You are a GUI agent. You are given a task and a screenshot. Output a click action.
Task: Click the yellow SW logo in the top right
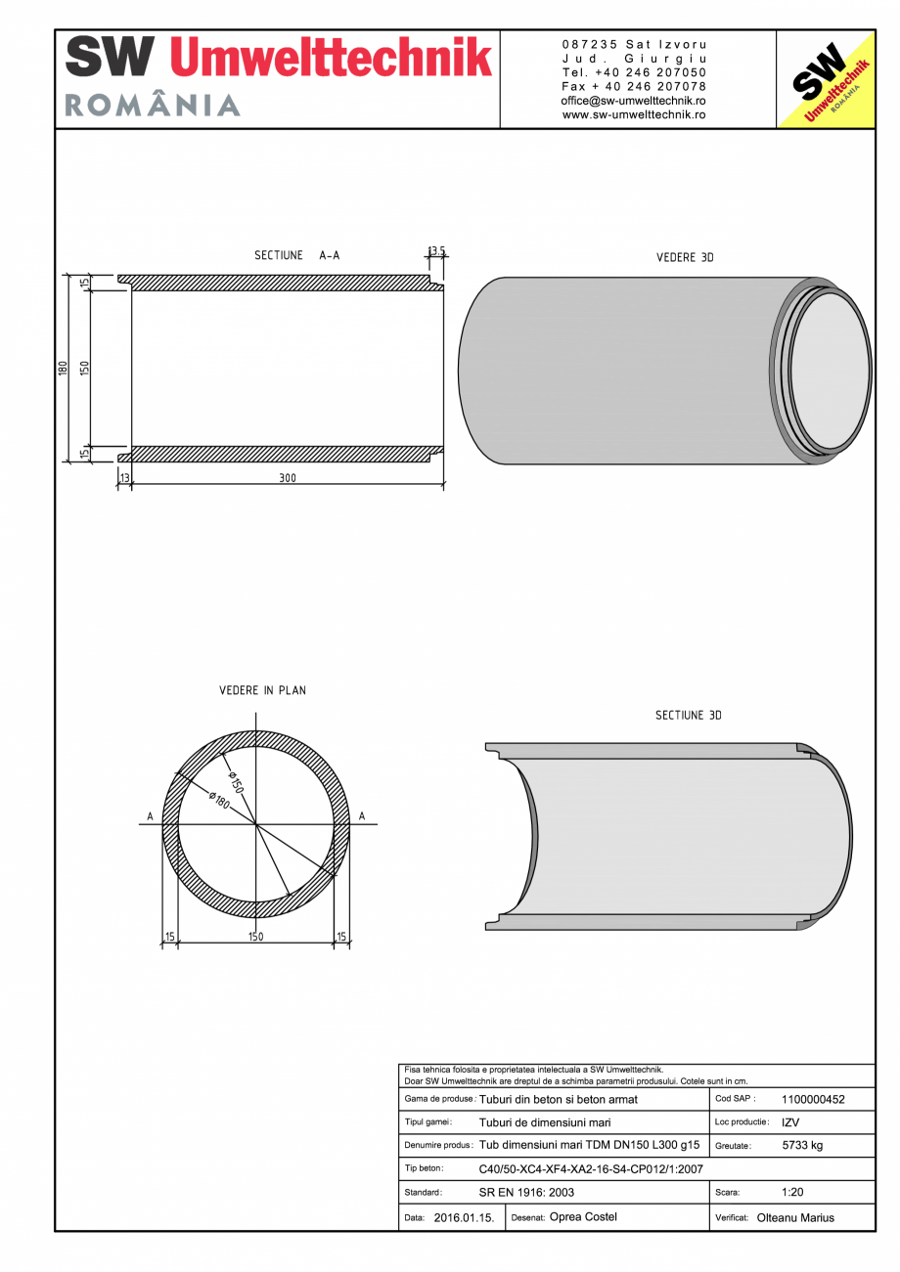pos(825,79)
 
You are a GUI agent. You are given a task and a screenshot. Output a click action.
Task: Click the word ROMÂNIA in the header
pos(153,106)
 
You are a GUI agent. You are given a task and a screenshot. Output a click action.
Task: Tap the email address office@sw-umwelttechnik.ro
pos(633,101)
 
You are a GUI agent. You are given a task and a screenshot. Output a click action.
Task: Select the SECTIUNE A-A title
pos(296,256)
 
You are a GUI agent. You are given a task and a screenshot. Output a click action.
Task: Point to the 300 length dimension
pos(287,478)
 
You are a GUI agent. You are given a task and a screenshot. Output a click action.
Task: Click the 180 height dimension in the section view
pos(63,369)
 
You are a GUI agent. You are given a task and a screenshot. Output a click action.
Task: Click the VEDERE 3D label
pos(685,258)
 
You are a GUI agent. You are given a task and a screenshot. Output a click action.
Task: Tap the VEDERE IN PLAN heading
pos(262,690)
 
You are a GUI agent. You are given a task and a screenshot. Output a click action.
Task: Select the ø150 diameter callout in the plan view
pos(236,781)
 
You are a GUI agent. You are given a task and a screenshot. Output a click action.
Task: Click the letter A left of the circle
pos(150,816)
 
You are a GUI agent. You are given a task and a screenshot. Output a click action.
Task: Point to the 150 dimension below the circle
pos(255,937)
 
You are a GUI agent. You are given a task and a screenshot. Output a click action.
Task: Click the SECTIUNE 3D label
pos(688,716)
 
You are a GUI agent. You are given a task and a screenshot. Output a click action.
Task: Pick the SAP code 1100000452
pos(813,1099)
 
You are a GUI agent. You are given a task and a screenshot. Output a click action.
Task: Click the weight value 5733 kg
pos(802,1146)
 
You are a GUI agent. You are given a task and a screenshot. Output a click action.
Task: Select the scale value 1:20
pos(792,1193)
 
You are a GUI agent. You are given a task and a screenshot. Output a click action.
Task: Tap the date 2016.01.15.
pos(464,1218)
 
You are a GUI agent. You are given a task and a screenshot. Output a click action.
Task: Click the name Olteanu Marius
pos(795,1218)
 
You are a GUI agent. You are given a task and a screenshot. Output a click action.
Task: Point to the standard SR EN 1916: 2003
pos(526,1193)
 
